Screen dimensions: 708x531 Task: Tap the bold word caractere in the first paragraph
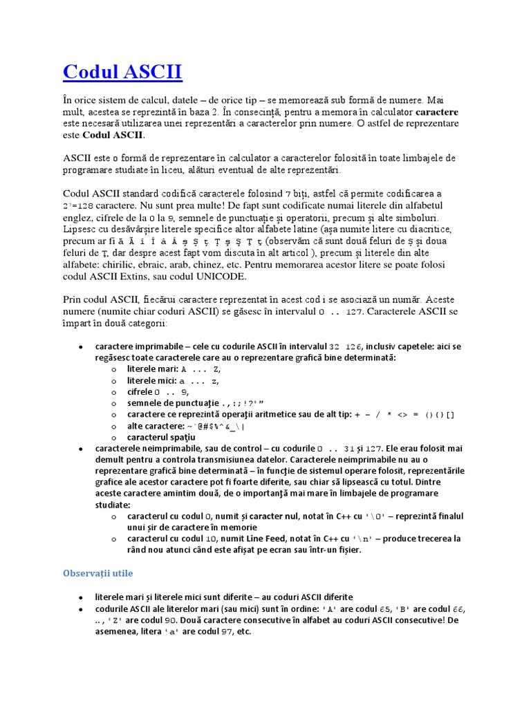(437, 111)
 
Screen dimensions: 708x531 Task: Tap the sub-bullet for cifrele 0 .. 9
(159, 392)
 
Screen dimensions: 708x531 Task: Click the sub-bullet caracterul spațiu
(161, 437)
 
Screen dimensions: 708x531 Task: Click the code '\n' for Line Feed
(367, 539)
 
